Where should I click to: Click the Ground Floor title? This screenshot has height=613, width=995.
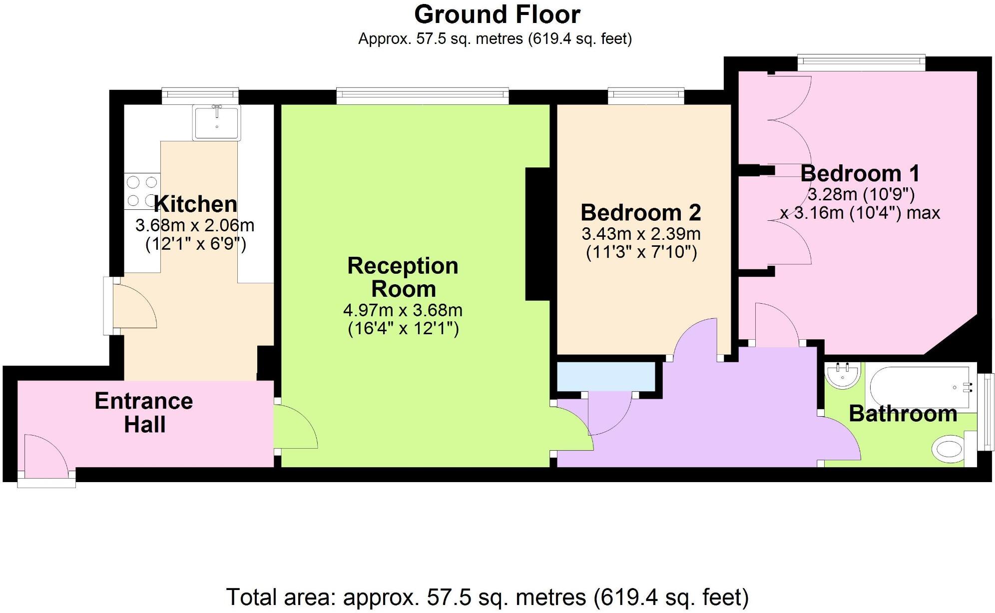(497, 15)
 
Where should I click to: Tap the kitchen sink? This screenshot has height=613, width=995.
(217, 122)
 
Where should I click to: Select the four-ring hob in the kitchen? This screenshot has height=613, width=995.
(142, 191)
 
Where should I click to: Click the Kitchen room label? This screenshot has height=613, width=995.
(195, 204)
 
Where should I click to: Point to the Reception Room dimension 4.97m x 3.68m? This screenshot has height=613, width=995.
(403, 310)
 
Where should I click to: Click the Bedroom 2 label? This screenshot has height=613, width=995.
(641, 213)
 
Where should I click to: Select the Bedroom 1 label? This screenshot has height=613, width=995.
(860, 173)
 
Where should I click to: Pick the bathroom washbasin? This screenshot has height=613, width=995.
(843, 375)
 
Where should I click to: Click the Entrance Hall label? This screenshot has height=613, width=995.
(144, 413)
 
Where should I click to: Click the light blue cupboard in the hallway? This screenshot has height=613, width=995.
(605, 376)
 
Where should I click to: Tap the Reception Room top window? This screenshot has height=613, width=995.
(423, 95)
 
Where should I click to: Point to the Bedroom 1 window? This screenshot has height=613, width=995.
(861, 62)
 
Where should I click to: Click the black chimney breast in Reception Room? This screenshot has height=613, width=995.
(537, 234)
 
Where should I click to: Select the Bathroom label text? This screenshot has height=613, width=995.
(903, 414)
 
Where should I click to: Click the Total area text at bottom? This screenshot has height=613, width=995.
(487, 597)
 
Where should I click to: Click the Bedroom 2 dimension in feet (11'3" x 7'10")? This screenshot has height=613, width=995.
(641, 252)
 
